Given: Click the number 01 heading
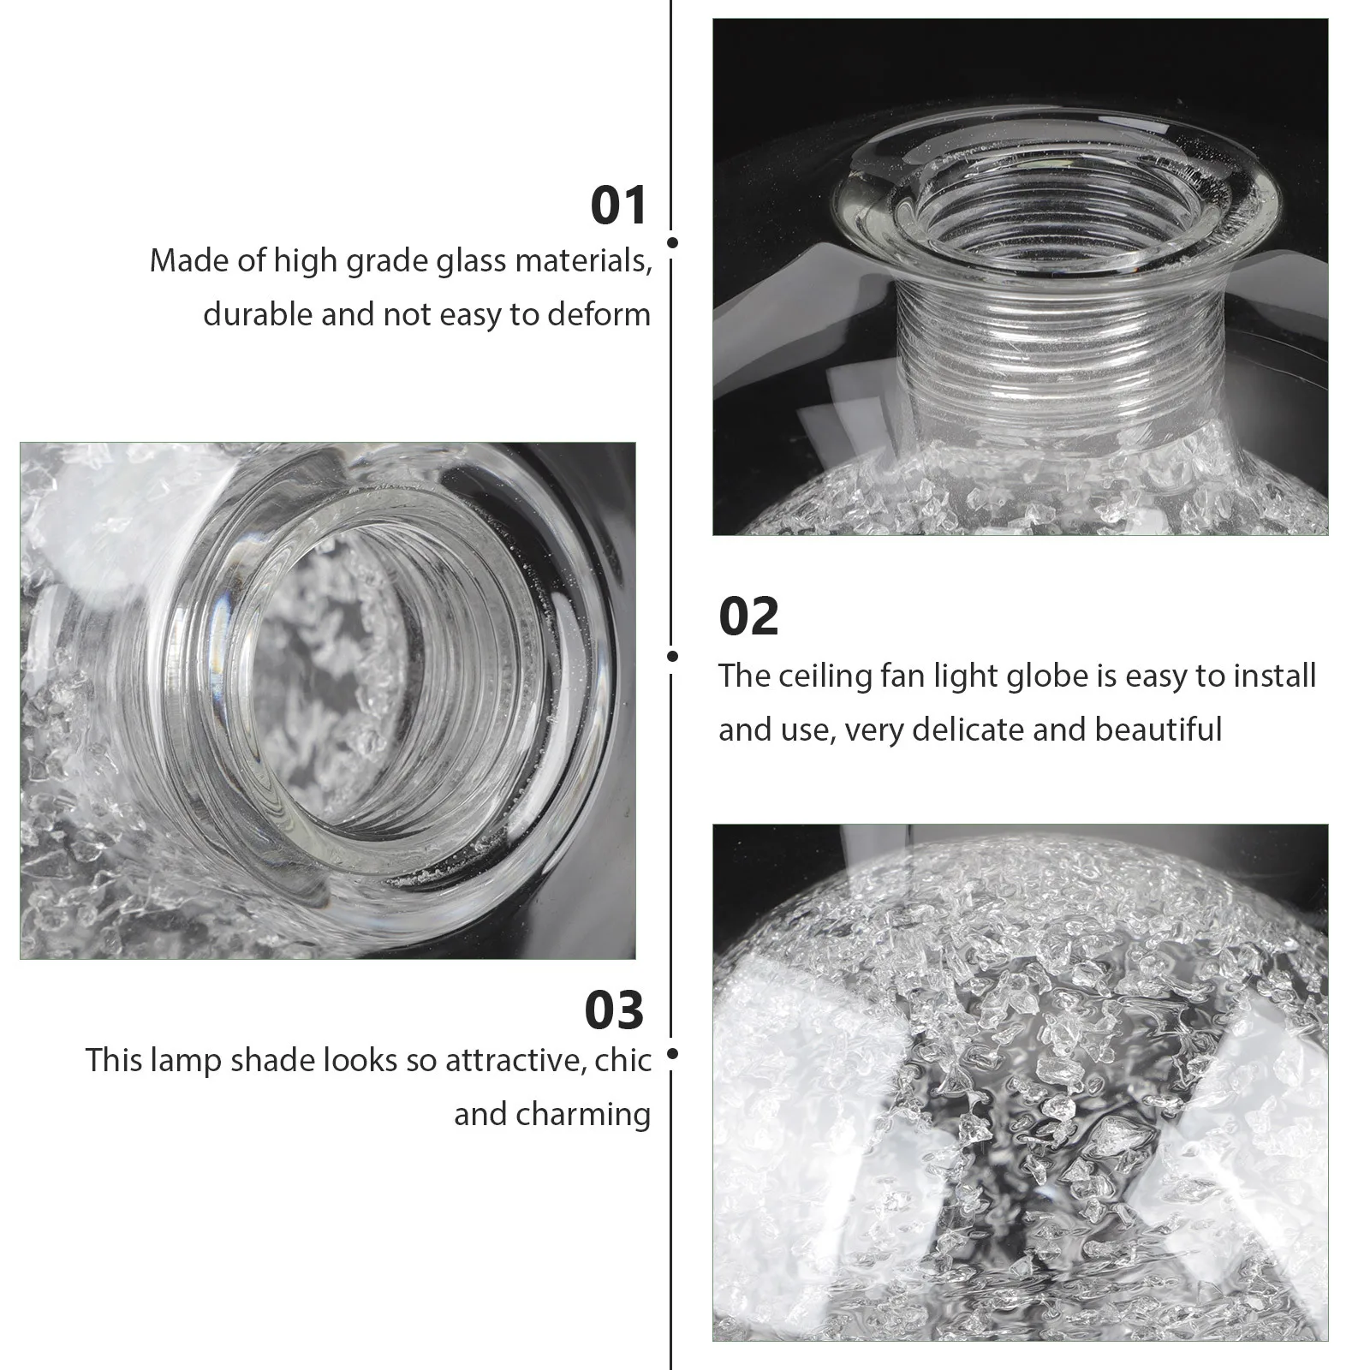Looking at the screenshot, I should pos(618,206).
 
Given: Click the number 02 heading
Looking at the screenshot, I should pos(748,616).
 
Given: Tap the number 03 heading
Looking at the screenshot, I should pos(614,1010).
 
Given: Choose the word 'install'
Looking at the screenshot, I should pos(1275,676).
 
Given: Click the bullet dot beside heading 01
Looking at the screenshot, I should pos(672,243).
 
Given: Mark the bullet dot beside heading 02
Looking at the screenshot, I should pos(672,657).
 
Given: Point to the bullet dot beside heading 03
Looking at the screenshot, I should pos(672,1054).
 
